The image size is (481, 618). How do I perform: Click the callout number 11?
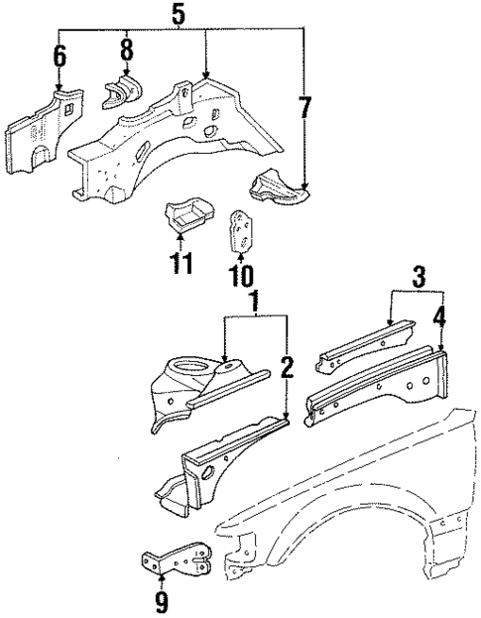pyautogui.click(x=180, y=265)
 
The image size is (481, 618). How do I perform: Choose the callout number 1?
pyautogui.click(x=257, y=299)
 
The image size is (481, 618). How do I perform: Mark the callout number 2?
pyautogui.click(x=288, y=369)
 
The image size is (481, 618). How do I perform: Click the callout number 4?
pyautogui.click(x=440, y=320)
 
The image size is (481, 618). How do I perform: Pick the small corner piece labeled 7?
pyautogui.click(x=278, y=186)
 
